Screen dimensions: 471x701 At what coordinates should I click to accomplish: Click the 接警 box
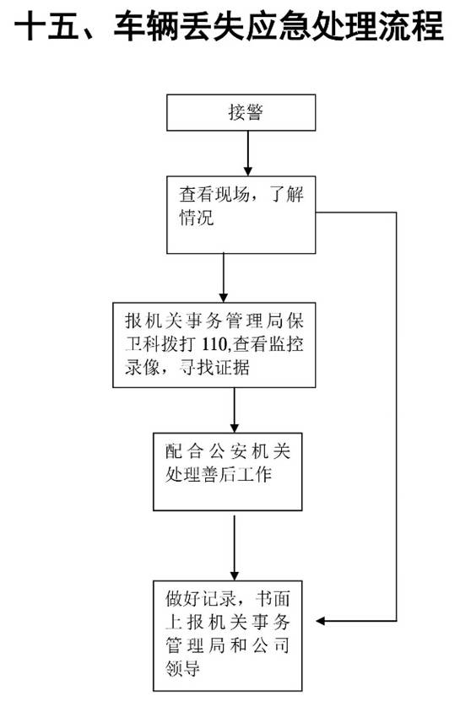pyautogui.click(x=241, y=112)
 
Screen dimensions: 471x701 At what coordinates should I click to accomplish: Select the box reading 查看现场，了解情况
pyautogui.click(x=241, y=214)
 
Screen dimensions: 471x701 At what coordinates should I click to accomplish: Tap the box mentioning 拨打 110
pyautogui.click(x=214, y=345)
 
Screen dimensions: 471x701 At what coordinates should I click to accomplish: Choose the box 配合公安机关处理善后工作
pyautogui.click(x=228, y=472)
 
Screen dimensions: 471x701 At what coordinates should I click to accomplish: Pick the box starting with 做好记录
pyautogui.click(x=228, y=636)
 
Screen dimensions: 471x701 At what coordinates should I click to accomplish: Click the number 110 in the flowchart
pyautogui.click(x=214, y=344)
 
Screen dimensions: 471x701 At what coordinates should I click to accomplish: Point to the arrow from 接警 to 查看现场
pyautogui.click(x=248, y=154)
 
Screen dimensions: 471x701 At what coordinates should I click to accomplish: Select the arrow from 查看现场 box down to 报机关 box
pyautogui.click(x=224, y=278)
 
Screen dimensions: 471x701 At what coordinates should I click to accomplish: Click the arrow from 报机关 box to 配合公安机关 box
pyautogui.click(x=235, y=410)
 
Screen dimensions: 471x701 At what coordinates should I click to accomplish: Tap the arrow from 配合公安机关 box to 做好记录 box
pyautogui.click(x=235, y=548)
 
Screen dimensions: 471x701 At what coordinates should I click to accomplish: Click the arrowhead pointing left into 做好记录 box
pyautogui.click(x=320, y=621)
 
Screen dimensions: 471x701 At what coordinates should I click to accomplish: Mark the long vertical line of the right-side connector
pyautogui.click(x=397, y=416)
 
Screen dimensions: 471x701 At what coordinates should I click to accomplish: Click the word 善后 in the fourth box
pyautogui.click(x=219, y=474)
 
